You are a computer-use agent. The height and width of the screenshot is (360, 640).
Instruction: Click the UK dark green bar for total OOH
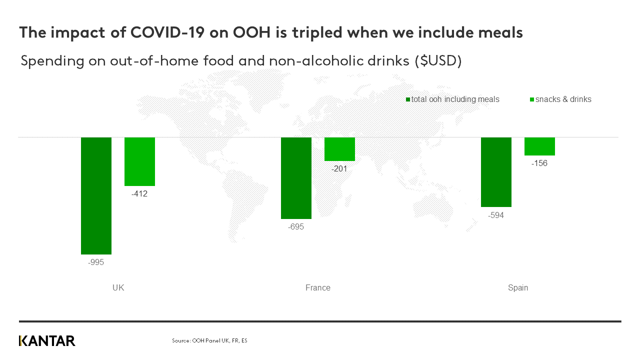pos(96,195)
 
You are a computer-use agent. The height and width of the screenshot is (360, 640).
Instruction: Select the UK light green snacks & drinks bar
pos(139,161)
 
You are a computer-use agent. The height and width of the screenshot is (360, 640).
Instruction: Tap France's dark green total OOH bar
pos(296,178)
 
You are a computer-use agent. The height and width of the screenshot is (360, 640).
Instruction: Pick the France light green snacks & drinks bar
pos(339,149)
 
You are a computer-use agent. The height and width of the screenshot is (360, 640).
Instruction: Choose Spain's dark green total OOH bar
pos(496,172)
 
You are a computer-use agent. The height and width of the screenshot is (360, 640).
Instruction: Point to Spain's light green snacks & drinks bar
pos(539,146)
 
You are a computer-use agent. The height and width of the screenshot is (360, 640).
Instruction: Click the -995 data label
pos(96,262)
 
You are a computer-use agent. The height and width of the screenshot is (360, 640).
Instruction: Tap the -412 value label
pos(139,193)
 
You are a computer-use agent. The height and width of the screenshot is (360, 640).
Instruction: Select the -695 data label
pos(296,227)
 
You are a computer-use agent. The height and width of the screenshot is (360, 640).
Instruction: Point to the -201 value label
pos(339,168)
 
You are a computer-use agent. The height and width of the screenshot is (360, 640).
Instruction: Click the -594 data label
pos(496,215)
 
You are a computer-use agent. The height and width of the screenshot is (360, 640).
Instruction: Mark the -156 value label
pos(539,163)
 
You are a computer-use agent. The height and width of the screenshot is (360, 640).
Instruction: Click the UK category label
pos(118,287)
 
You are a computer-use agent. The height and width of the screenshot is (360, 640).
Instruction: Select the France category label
pos(318,287)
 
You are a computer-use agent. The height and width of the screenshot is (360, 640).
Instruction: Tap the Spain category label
pos(518,287)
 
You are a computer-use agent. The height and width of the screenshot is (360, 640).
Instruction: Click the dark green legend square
pos(408,99)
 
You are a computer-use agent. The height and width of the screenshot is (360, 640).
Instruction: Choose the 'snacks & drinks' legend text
pos(563,99)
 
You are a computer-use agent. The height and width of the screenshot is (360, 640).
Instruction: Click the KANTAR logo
pos(47,341)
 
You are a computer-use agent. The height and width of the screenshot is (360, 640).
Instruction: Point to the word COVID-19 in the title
pos(167,32)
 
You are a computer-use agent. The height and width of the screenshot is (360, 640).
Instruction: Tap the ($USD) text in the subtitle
pos(438,61)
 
